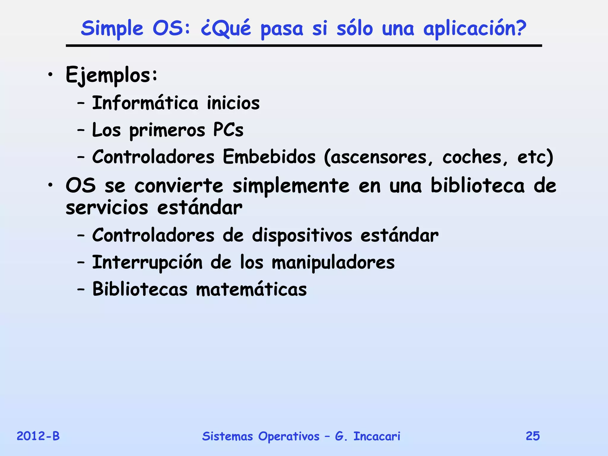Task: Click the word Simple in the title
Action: click(x=112, y=29)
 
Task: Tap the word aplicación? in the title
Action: click(x=474, y=29)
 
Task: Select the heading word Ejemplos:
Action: click(x=111, y=75)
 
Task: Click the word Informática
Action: click(x=145, y=103)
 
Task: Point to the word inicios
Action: click(x=233, y=103)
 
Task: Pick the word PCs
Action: click(x=228, y=130)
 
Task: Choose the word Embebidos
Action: click(x=269, y=157)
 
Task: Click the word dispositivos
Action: click(x=302, y=235)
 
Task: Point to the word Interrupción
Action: click(x=148, y=262)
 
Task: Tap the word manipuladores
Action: click(x=333, y=262)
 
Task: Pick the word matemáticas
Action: click(x=251, y=289)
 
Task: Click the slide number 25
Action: click(x=533, y=436)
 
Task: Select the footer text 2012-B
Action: click(x=38, y=436)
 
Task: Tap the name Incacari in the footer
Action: click(x=377, y=436)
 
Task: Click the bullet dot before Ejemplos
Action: click(x=51, y=75)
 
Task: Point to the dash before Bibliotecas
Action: click(x=81, y=289)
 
